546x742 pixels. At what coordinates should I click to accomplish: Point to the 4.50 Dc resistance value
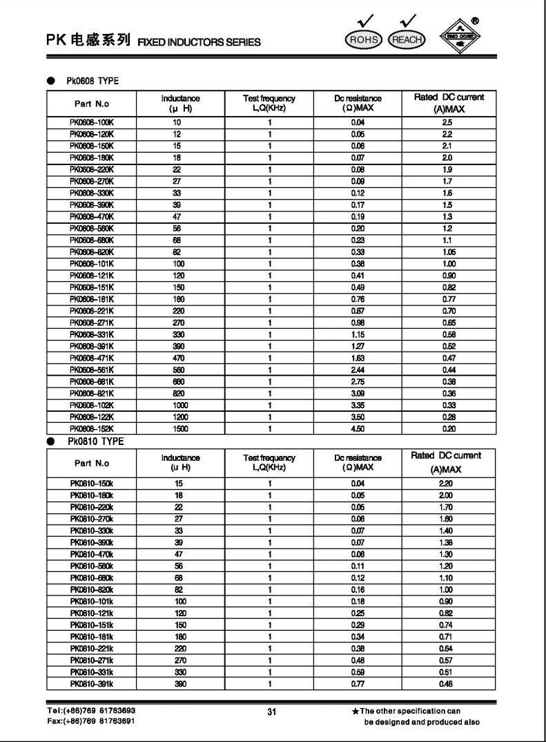[x=358, y=429]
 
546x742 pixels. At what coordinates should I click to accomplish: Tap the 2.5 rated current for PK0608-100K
[x=447, y=122]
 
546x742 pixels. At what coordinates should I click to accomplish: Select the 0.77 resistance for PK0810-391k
[x=358, y=683]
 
